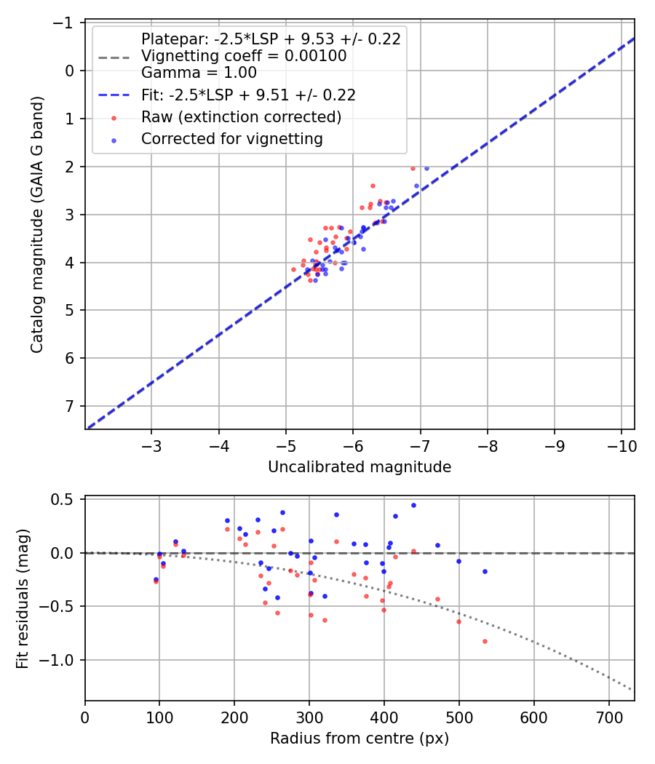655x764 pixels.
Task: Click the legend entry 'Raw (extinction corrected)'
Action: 241,117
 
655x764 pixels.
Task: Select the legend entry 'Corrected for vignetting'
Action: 231,138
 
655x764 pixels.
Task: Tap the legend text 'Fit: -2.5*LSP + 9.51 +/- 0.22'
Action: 248,95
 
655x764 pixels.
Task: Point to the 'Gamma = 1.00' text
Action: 199,72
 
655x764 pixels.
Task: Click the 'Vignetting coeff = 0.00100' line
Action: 244,56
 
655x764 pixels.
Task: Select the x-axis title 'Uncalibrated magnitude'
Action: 360,467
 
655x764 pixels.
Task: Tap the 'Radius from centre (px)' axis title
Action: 360,739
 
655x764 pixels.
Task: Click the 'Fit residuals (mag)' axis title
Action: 23,598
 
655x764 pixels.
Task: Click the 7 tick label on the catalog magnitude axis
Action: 70,406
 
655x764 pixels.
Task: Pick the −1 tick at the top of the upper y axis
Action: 64,23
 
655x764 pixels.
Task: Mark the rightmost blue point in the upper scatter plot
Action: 426,168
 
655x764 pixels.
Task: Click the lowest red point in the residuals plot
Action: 485,641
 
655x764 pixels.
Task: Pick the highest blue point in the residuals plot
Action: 413,505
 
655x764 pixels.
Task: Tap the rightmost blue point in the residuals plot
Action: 485,571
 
